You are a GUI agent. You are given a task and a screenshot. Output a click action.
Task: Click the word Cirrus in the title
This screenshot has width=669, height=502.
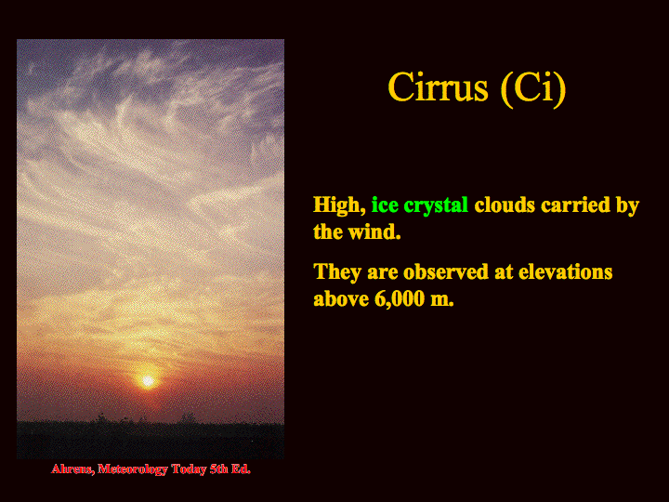(438, 87)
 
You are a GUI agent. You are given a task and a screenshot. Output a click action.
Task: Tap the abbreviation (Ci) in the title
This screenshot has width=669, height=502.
(533, 89)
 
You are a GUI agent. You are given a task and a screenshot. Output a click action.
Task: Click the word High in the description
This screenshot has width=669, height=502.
(339, 205)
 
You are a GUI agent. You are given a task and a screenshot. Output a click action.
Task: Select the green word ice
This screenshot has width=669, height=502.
(385, 205)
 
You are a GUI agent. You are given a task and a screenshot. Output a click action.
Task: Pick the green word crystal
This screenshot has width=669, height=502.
(436, 206)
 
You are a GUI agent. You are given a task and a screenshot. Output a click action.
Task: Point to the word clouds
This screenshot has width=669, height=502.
(505, 205)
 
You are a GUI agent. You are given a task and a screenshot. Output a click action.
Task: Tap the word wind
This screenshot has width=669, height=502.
(374, 231)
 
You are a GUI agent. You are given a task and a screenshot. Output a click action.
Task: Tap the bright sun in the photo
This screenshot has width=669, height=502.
(148, 380)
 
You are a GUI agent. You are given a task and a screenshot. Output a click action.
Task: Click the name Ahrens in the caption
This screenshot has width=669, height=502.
(72, 469)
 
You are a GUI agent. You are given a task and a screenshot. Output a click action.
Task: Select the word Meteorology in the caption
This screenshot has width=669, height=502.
(133, 469)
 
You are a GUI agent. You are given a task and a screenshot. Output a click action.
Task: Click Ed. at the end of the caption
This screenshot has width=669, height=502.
(241, 469)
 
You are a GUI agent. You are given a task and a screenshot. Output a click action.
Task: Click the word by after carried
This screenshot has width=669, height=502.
(627, 206)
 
